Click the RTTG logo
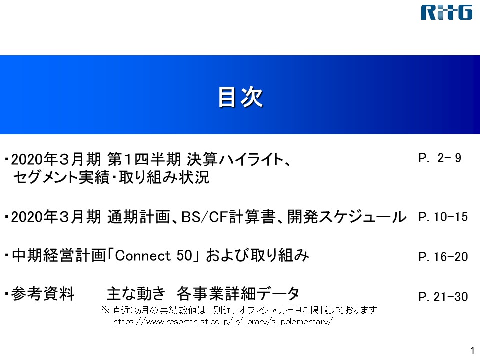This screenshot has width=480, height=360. coord(446,13)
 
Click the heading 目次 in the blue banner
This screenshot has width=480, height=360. coord(240,97)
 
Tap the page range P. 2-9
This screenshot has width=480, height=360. coord(440,158)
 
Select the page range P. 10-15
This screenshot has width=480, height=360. coord(443,217)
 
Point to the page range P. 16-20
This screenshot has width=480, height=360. coord(443,257)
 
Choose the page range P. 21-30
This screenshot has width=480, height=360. coord(443,296)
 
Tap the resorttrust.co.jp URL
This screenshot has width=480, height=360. coord(223,321)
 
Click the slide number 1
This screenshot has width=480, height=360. coord(472,350)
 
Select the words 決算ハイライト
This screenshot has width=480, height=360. coord(235,159)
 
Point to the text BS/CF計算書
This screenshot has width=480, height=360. coord(228,216)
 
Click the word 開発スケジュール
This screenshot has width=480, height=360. coord(347,216)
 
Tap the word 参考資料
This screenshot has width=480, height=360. coord(43,294)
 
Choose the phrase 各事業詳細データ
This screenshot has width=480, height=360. coord(238,294)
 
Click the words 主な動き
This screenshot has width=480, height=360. coord(136,294)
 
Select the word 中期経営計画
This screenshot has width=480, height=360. coord(59,256)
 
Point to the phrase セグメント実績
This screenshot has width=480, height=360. coord(61,177)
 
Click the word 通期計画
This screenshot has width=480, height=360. coord(138,216)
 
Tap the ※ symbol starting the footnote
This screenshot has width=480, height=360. coord(105,310)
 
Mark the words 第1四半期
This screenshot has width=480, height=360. coord(144,159)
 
